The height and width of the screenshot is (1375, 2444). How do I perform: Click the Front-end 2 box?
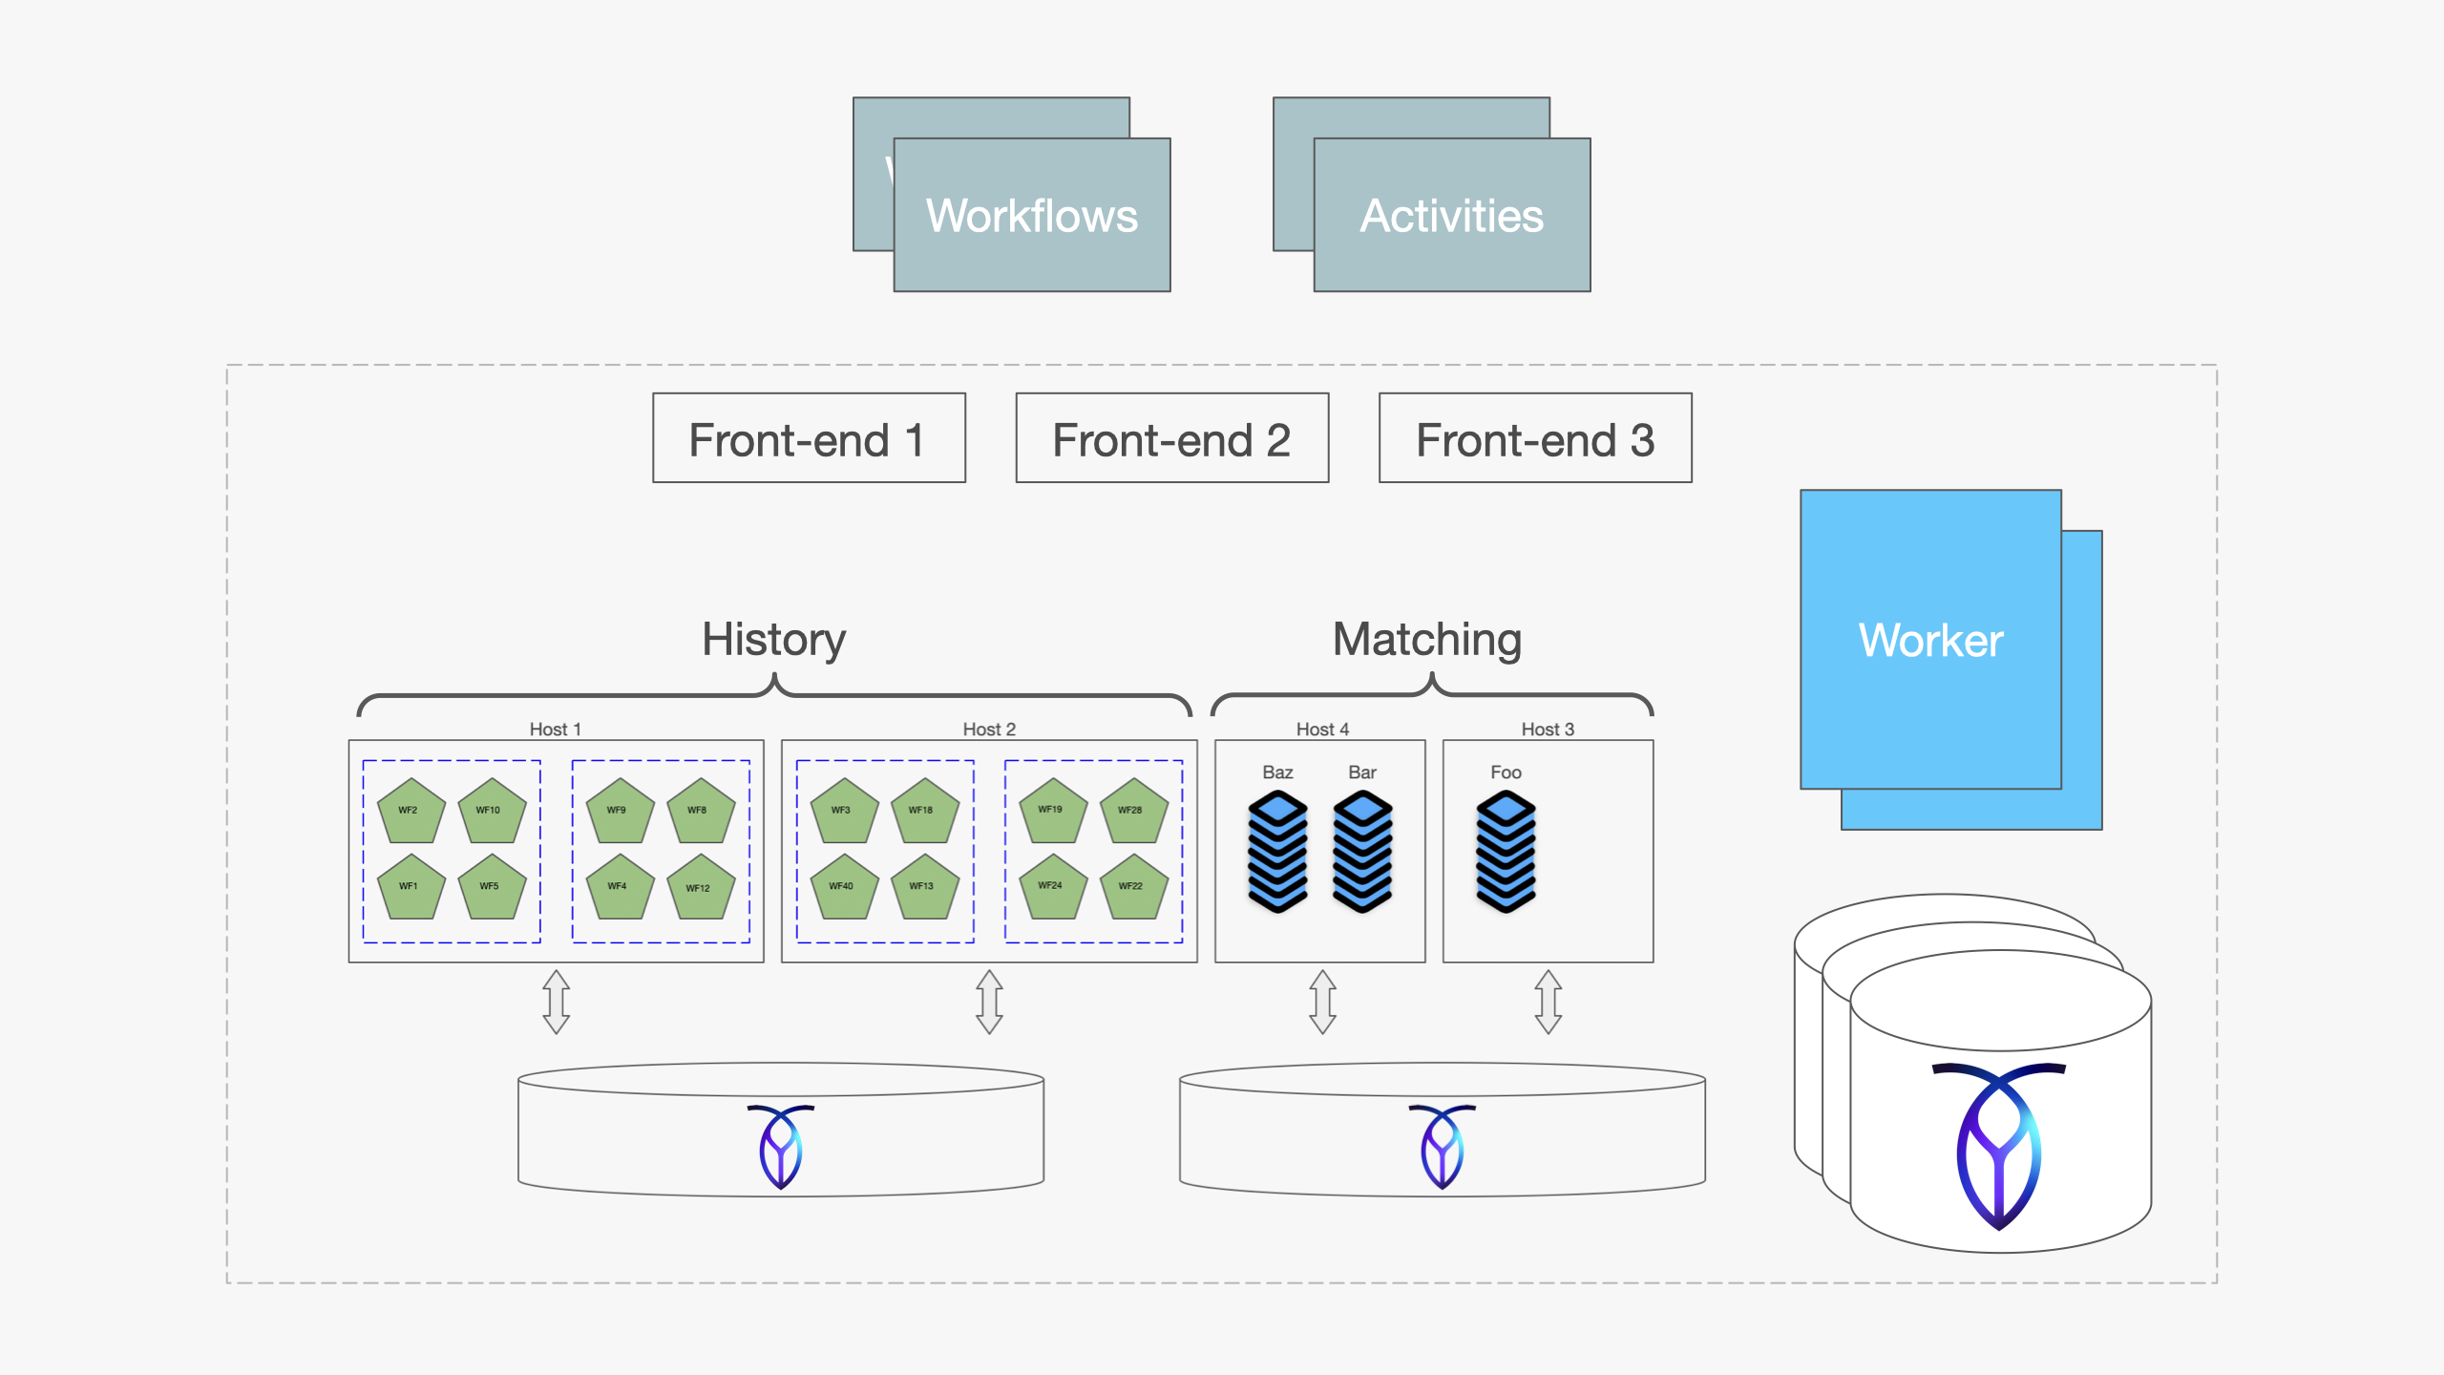tap(1171, 438)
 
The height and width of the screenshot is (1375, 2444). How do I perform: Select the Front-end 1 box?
tap(809, 438)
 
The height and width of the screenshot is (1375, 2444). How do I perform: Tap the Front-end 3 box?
tap(1534, 438)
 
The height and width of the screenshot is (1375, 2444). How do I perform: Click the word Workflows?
tap(1031, 216)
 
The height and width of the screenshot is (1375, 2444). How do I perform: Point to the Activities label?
tap(1451, 216)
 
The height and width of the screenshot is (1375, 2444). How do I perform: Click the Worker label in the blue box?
tap(1929, 640)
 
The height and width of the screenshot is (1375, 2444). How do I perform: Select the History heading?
tap(773, 639)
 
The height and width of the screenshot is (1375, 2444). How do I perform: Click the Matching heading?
tap(1426, 639)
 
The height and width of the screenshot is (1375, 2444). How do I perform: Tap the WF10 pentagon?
tap(492, 811)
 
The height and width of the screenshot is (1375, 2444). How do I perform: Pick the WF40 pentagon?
tap(844, 887)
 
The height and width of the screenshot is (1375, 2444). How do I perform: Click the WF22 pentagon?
tap(1133, 887)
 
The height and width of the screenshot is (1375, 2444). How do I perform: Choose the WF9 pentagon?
tap(620, 811)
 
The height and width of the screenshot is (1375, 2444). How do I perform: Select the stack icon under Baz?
tap(1277, 851)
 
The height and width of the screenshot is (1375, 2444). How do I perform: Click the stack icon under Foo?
tap(1506, 851)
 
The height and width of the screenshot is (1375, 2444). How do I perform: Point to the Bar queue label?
tap(1361, 772)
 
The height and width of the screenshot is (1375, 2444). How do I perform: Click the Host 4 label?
tap(1322, 729)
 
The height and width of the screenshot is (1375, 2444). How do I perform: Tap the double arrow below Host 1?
tap(557, 1002)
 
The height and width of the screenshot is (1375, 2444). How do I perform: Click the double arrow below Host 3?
tap(1548, 1002)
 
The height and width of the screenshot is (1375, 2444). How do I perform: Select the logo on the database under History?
tap(781, 1145)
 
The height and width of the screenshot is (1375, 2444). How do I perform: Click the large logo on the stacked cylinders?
tap(1998, 1145)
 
